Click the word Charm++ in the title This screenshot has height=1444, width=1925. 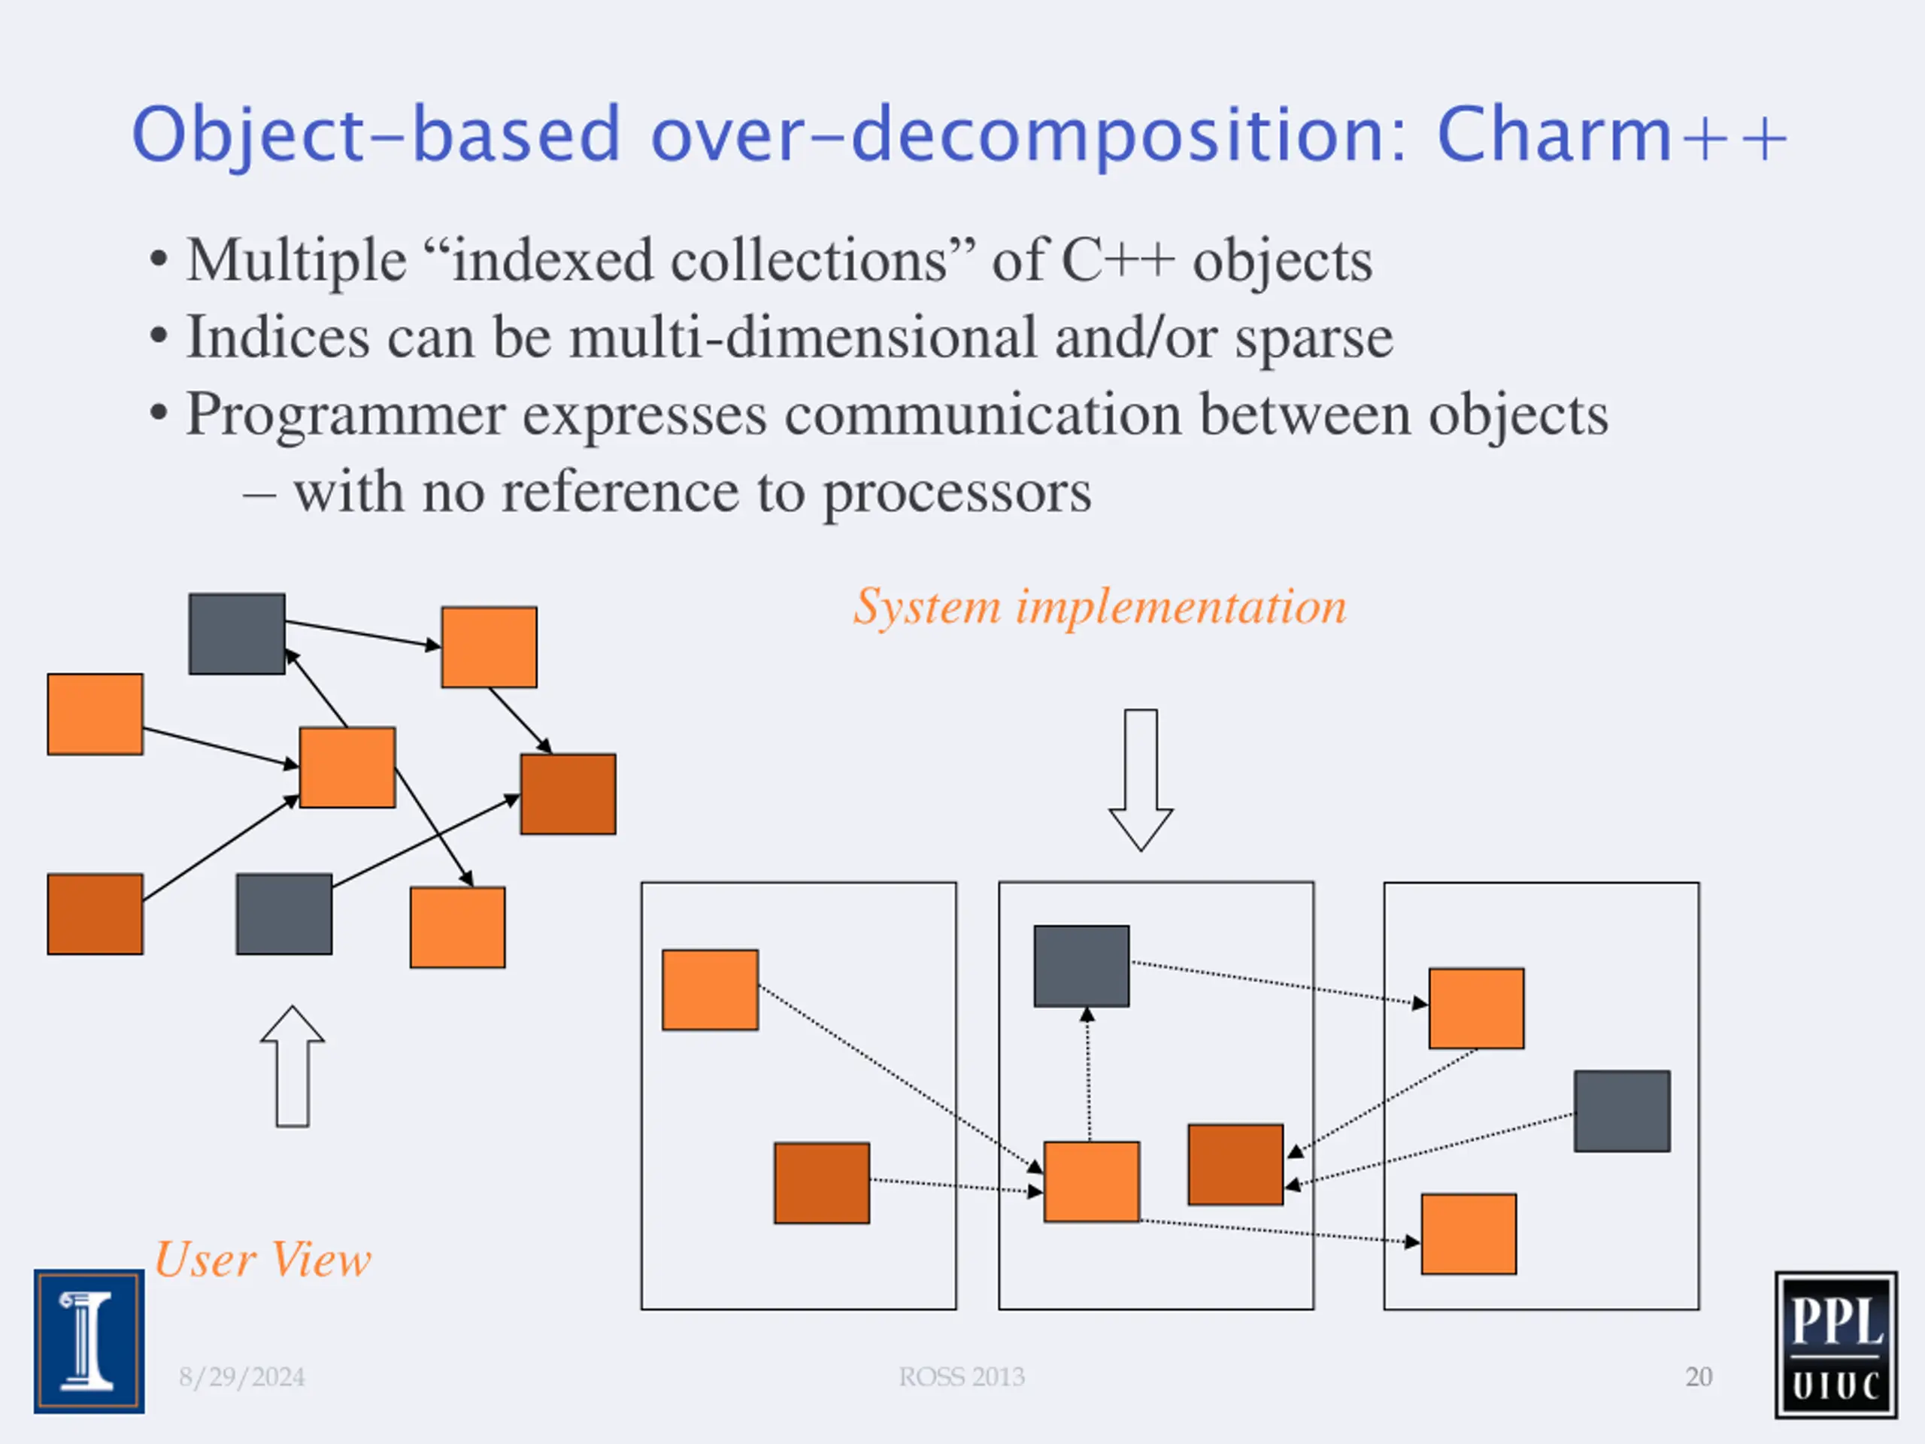[x=1611, y=134]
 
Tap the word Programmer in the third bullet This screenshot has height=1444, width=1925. [x=345, y=415]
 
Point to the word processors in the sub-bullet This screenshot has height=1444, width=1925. [x=956, y=493]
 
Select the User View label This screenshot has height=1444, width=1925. [x=263, y=1260]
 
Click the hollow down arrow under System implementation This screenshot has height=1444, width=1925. [x=1140, y=779]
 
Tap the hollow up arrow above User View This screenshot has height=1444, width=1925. [x=293, y=1066]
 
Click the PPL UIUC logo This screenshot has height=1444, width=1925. [x=1836, y=1345]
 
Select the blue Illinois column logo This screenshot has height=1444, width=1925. [x=89, y=1341]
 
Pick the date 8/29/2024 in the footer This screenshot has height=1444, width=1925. [x=242, y=1377]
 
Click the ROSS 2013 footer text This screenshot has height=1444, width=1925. [x=962, y=1377]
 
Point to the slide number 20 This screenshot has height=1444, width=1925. [x=1699, y=1377]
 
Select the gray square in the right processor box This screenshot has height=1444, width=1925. [x=1622, y=1112]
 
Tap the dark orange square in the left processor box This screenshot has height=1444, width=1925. [x=822, y=1183]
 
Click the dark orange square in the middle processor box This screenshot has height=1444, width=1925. [x=1235, y=1164]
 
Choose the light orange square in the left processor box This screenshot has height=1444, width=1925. [x=710, y=990]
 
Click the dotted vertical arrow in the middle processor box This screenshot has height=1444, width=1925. [x=1088, y=1074]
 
